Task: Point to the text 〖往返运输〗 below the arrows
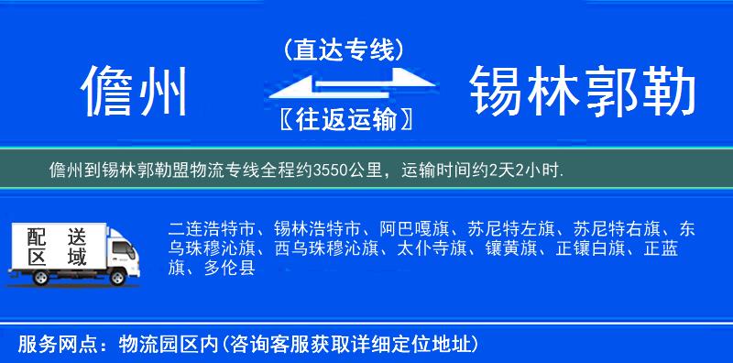pos(344,120)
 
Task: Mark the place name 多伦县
pos(229,269)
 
